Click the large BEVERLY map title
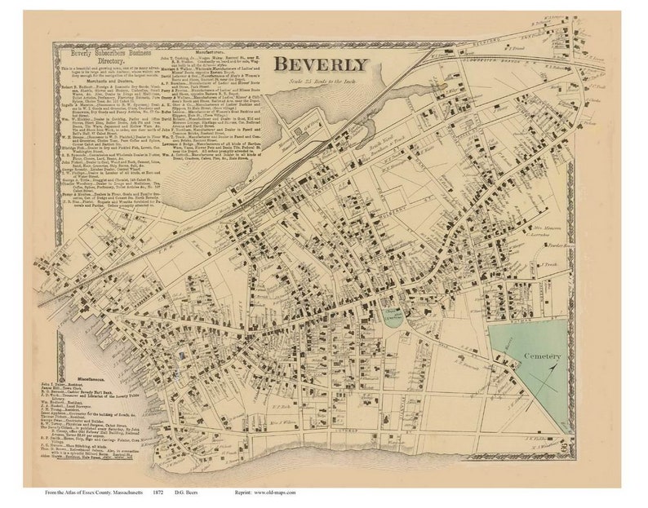[320, 64]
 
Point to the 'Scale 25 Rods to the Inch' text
[320, 81]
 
